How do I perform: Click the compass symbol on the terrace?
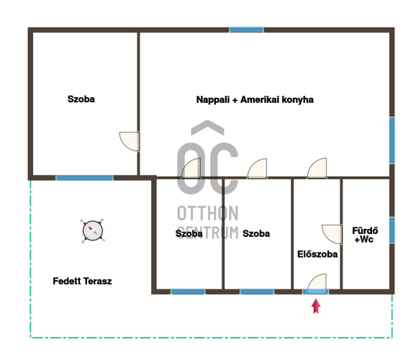pos(92,230)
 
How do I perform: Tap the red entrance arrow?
pos(316,306)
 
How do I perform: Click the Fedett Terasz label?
pos(82,281)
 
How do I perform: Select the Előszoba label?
pos(317,254)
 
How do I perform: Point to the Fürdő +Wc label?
pos(365,235)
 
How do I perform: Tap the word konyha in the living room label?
pos(298,100)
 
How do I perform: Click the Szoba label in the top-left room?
pos(81,99)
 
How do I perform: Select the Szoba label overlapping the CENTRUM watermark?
pos(189,233)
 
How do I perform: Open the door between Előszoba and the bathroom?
pos(332,234)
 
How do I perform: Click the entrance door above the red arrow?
pos(317,284)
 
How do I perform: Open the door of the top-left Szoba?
pos(130,142)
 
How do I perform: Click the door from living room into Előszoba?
pos(317,168)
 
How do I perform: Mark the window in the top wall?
pos(246,30)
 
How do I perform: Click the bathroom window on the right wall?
pos(392,230)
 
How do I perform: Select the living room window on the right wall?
pos(392,140)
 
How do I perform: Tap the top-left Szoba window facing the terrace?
pos(85,178)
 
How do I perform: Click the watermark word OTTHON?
pos(208,213)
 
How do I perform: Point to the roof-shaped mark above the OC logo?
pos(207,127)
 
